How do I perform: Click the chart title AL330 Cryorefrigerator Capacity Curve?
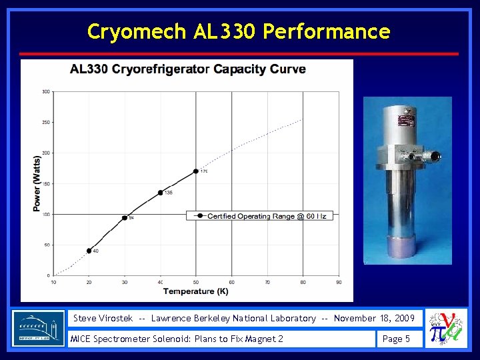[188, 69]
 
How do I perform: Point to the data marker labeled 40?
[89, 251]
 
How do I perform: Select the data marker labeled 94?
[125, 218]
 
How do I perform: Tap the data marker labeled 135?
[160, 193]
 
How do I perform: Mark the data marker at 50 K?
[196, 171]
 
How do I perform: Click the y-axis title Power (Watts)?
[37, 183]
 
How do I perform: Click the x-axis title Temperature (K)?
[195, 291]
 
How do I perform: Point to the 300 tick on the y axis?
[45, 91]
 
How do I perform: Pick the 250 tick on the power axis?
[45, 122]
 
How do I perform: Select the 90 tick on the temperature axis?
[339, 282]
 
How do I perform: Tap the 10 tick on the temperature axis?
[53, 282]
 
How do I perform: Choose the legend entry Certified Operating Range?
[260, 216]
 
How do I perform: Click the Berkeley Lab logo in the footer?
[38, 328]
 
